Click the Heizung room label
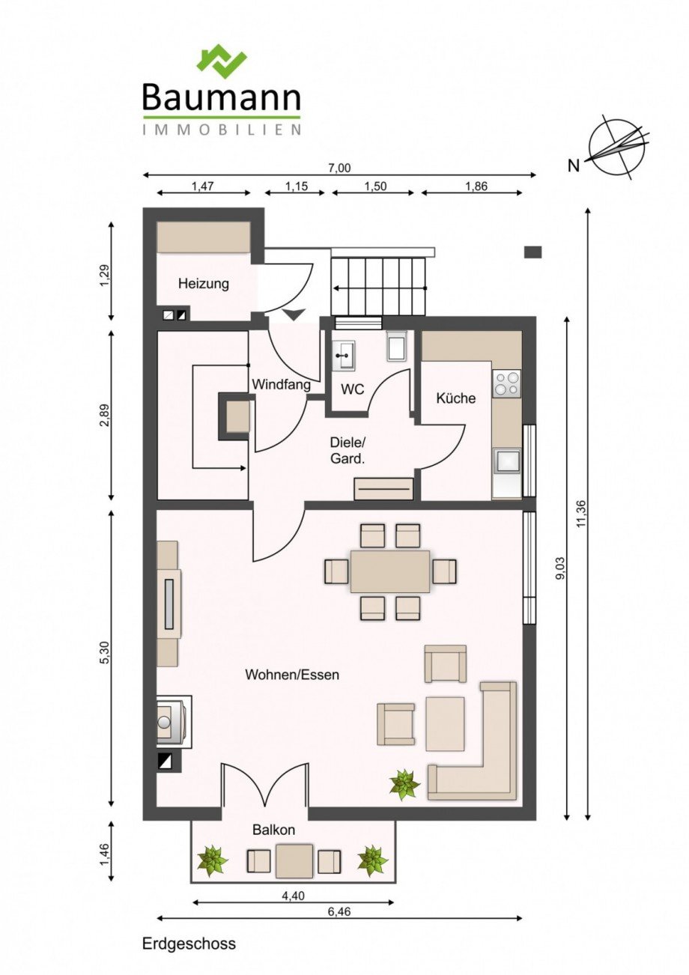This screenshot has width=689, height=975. pos(203,285)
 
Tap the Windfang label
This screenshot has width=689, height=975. pos(282,385)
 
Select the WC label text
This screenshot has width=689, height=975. pos(353,389)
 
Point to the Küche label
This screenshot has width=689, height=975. pos(455,398)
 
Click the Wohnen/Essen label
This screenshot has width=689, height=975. pos(292,675)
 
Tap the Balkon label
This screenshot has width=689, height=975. pos(274,830)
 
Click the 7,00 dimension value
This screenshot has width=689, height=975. pos(339,168)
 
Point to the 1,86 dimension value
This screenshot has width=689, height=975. pos(476,186)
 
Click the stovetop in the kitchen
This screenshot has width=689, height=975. pos(506,383)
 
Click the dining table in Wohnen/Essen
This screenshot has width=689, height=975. pos(390,571)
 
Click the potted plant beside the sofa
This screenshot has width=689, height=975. pos(404,784)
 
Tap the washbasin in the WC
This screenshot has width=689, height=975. pos(344,356)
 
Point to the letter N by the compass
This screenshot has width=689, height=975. pos(574,165)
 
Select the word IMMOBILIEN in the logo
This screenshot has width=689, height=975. pos(222,130)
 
